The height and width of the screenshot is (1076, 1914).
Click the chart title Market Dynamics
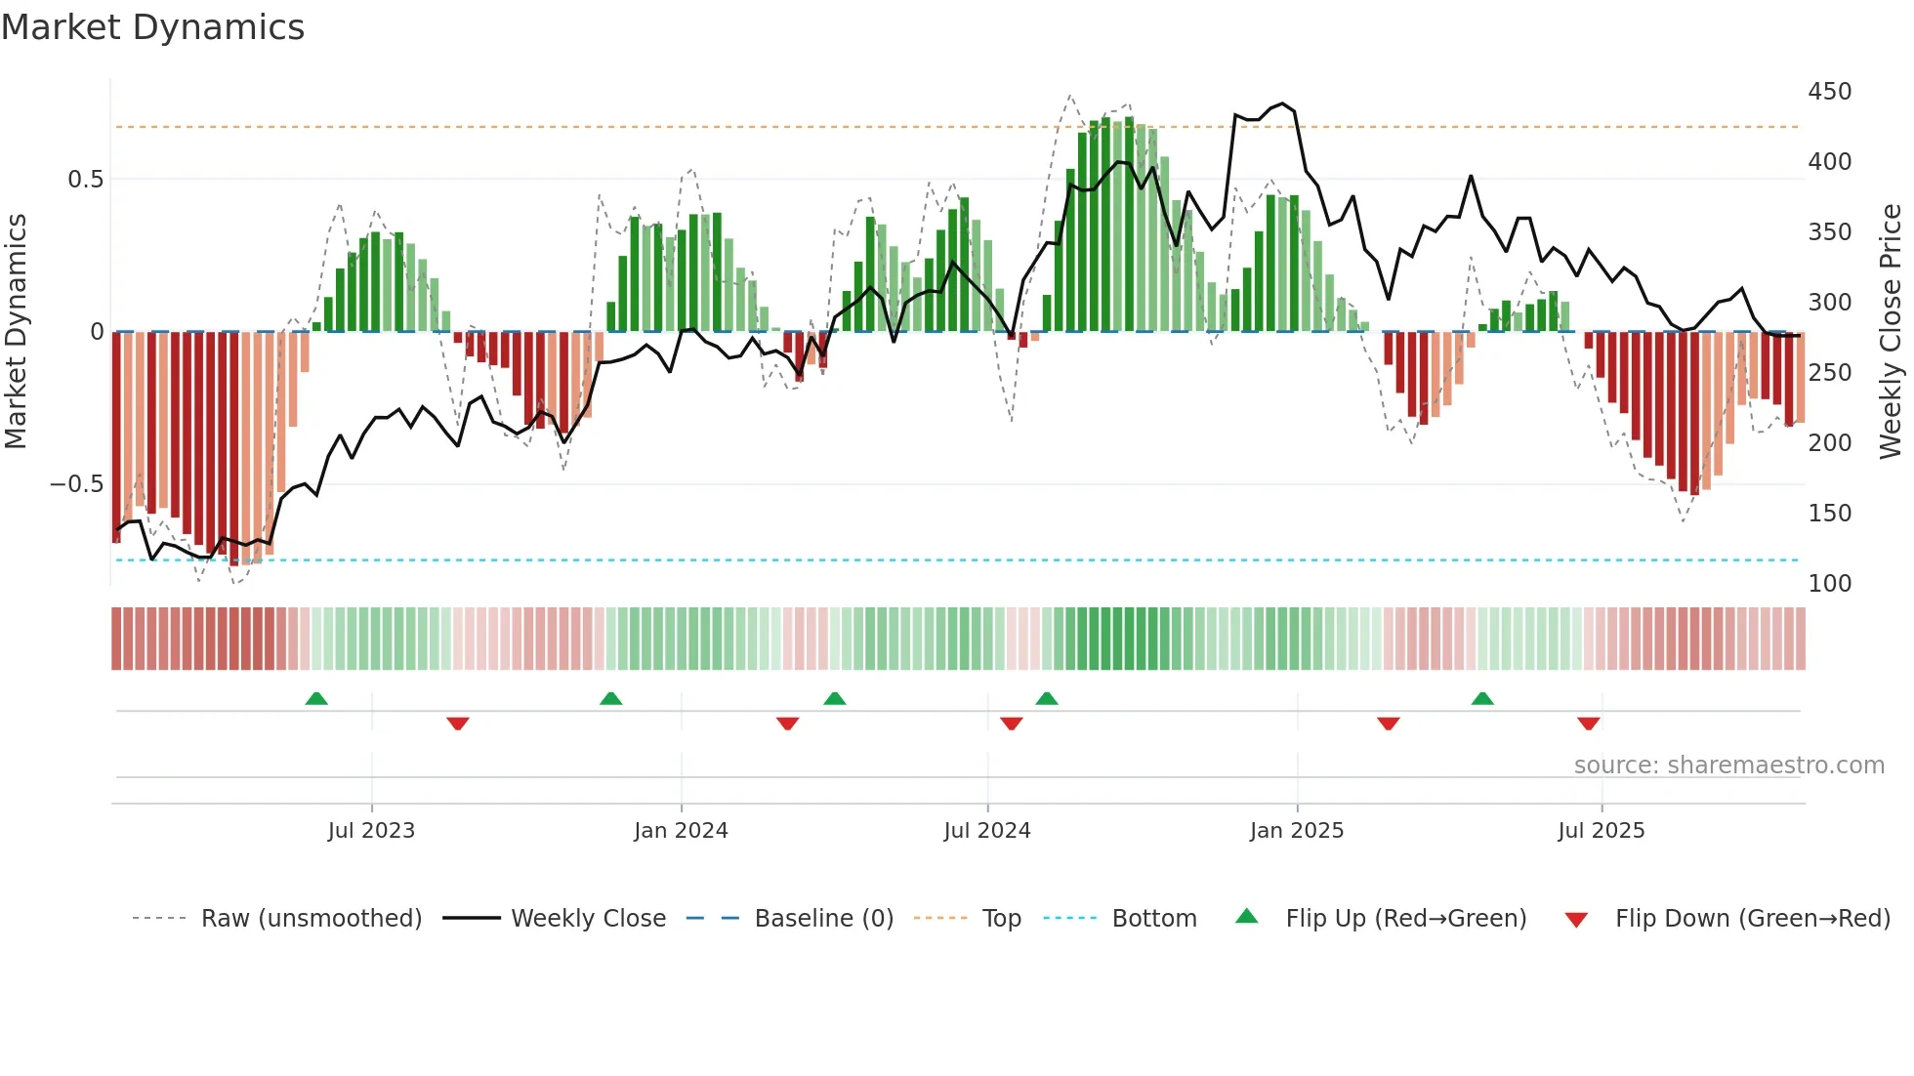tap(152, 27)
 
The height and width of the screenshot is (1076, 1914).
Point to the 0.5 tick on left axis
tap(85, 180)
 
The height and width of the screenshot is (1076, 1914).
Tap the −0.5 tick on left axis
tap(76, 484)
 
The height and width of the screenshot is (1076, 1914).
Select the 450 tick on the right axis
tap(1829, 92)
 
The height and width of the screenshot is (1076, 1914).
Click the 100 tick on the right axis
tap(1829, 584)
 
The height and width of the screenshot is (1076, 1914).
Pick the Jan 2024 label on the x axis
tap(681, 831)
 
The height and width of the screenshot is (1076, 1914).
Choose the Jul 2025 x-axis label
tap(1601, 831)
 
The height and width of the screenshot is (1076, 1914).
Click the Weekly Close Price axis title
tap(1891, 332)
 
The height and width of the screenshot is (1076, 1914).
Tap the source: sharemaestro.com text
tap(1728, 766)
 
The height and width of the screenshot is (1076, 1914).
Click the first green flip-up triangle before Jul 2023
tap(316, 699)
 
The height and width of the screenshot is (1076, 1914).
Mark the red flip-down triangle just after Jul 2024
tap(1012, 724)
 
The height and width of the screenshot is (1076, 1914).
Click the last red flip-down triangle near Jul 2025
tap(1588, 724)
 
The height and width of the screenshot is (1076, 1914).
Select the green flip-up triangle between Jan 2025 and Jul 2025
tap(1482, 699)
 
